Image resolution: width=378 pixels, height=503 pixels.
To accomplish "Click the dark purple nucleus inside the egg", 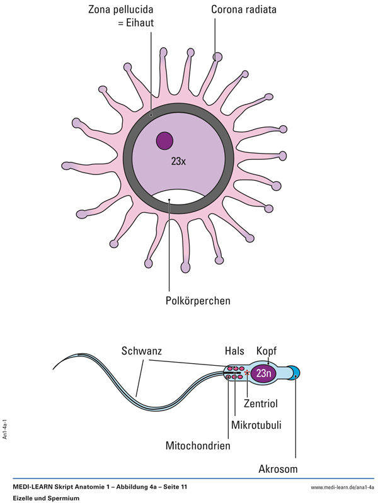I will coord(164,140).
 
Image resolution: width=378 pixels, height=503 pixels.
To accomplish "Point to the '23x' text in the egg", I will coord(179,162).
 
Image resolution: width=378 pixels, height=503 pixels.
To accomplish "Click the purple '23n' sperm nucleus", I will coord(264,373).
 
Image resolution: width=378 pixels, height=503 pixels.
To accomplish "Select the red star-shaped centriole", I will coord(248,375).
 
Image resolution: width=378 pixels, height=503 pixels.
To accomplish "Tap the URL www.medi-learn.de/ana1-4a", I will coord(343,488).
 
